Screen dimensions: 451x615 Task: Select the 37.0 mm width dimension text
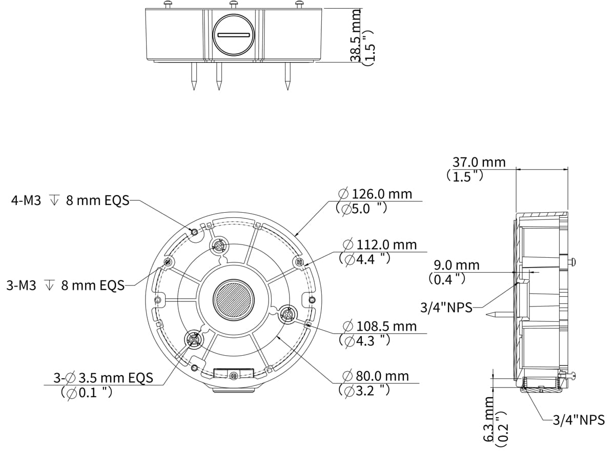point(479,162)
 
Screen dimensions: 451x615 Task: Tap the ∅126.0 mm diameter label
point(375,194)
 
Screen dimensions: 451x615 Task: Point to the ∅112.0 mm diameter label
point(379,244)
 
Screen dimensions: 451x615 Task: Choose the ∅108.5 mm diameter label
point(379,326)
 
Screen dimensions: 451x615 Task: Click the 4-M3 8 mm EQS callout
point(70,200)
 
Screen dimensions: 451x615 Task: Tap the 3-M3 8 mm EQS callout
point(66,285)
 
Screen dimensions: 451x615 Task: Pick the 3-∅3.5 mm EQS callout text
point(104,378)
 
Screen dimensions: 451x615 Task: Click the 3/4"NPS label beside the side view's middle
point(446,307)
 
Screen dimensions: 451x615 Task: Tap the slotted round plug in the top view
point(233,35)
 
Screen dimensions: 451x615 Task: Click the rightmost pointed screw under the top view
point(288,77)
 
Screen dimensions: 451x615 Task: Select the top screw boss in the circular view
point(219,246)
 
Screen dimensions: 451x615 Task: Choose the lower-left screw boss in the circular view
point(194,339)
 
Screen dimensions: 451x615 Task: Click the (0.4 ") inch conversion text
point(447,279)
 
